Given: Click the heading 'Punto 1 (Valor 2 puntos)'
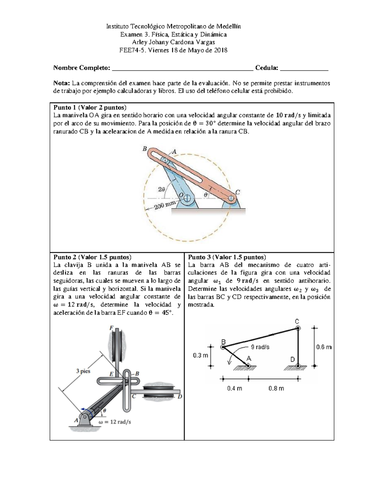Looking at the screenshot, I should click(x=90, y=107).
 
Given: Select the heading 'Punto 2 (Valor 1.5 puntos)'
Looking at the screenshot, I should click(x=92, y=257).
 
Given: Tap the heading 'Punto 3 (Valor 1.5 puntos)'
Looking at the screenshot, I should click(x=227, y=257).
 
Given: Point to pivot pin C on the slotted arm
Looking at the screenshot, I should click(x=231, y=198).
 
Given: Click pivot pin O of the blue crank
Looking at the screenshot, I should click(x=187, y=199).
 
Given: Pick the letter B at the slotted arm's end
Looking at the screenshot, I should click(x=145, y=149).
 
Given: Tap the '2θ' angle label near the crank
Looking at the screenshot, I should click(x=162, y=189).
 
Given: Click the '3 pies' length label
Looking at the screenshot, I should click(x=83, y=371).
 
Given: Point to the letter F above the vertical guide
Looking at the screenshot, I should click(x=111, y=328).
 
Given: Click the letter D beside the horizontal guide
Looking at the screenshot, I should click(x=180, y=397).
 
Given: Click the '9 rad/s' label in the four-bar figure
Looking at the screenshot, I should click(x=260, y=347).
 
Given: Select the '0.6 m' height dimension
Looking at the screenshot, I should click(x=324, y=347).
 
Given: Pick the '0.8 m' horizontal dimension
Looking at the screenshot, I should click(x=276, y=388).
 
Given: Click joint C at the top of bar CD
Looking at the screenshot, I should click(x=298, y=328).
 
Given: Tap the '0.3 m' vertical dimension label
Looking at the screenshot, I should click(x=200, y=355).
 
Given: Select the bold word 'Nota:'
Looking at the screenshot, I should click(x=61, y=83).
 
